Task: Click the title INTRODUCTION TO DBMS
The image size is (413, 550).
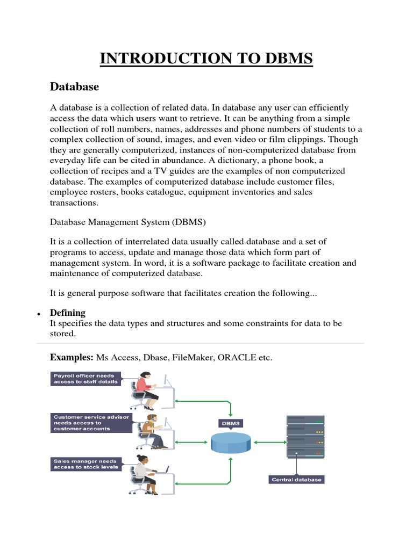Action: (x=206, y=58)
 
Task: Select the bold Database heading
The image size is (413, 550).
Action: (x=74, y=86)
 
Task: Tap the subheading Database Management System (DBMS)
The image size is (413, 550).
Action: (x=128, y=221)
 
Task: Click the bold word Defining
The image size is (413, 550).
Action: (x=67, y=313)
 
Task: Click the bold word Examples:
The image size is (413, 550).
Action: (x=72, y=358)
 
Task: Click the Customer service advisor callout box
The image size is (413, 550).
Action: (x=90, y=423)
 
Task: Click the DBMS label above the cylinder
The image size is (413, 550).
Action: (x=231, y=423)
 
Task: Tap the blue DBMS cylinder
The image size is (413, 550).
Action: (x=231, y=442)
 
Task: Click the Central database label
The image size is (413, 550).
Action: (x=296, y=479)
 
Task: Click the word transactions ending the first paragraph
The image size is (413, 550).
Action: (x=74, y=202)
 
